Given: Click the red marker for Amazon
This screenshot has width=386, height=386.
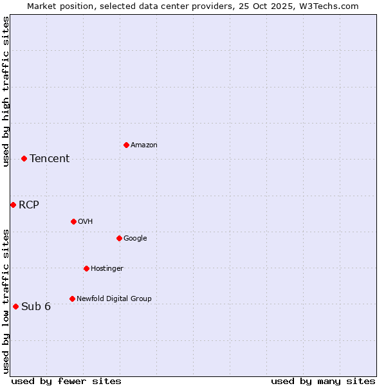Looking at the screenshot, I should tap(126, 145).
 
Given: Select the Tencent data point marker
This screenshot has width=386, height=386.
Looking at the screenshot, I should tap(24, 158).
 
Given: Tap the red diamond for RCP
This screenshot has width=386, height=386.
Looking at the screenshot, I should tap(13, 205).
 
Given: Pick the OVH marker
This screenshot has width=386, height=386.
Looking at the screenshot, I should tap(73, 221).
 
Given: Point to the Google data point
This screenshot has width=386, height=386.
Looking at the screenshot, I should tap(119, 238).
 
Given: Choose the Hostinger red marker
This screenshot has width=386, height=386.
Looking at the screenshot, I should tap(86, 268).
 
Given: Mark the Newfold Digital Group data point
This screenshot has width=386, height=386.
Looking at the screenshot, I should tap(72, 299).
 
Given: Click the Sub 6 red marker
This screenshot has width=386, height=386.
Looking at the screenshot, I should tap(15, 306).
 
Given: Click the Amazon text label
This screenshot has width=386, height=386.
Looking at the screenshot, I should tap(144, 145).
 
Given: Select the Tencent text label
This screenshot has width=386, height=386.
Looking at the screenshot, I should tap(50, 159).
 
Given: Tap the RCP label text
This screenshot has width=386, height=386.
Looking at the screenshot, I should tap(29, 205).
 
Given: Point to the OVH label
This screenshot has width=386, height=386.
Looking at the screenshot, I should tap(86, 222).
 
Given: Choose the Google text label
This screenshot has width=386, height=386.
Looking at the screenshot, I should tap(135, 239).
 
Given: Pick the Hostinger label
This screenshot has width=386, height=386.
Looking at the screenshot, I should tap(107, 269).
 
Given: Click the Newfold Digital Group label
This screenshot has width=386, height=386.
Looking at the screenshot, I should tap(114, 299).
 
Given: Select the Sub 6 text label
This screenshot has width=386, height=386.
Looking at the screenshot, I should tap(36, 307).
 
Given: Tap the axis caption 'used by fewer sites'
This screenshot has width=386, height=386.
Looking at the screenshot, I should tap(66, 381).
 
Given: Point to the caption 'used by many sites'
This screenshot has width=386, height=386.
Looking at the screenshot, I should tap(323, 381).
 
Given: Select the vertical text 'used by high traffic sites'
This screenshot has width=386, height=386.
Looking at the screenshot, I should tap(6, 91).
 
